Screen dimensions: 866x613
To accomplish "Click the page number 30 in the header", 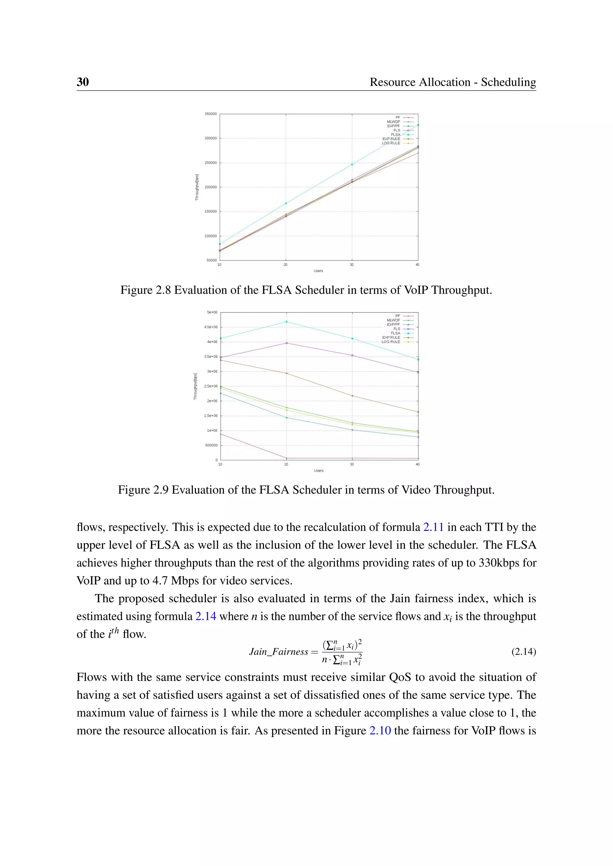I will click(x=83, y=82).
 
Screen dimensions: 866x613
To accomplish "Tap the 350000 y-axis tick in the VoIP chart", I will click(x=211, y=114).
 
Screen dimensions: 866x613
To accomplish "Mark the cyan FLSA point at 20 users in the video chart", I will click(x=286, y=322).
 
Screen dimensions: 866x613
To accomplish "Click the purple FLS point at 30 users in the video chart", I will click(x=352, y=355).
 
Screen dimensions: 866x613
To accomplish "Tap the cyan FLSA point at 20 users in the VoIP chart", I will click(x=286, y=203).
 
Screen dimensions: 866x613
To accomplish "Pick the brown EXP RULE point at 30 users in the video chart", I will click(x=352, y=396).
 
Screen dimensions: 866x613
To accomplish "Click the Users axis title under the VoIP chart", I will click(x=318, y=271).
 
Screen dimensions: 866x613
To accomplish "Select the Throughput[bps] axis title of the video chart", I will click(x=195, y=387).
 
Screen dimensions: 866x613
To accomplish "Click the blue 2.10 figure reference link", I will click(x=380, y=731).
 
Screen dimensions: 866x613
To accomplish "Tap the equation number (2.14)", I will click(x=524, y=652).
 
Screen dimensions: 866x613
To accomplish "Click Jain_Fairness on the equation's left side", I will click(x=279, y=652).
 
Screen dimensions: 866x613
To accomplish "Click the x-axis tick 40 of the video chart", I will click(x=418, y=464).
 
